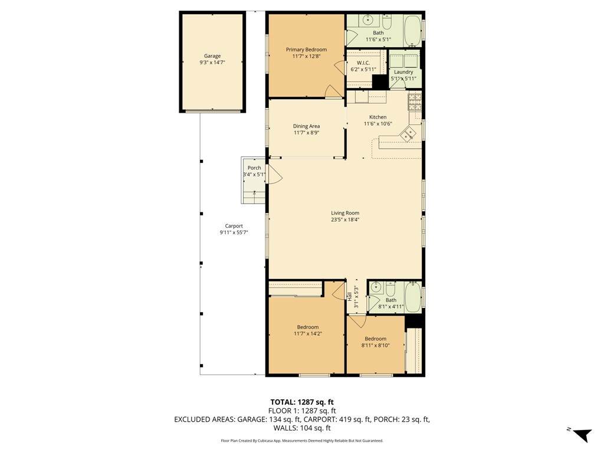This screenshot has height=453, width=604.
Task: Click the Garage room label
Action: tap(212, 56)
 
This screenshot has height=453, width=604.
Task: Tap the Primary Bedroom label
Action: tap(306, 50)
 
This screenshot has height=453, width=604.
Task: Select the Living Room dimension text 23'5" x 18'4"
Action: tap(345, 219)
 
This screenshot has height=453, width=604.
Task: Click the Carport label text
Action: tap(234, 226)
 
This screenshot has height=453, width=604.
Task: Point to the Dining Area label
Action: tap(306, 126)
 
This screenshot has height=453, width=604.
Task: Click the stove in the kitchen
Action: tap(415, 101)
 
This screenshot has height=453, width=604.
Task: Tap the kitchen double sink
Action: tap(408, 134)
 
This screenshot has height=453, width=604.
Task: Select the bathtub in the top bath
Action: tap(412, 31)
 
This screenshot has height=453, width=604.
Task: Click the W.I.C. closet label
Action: tap(363, 63)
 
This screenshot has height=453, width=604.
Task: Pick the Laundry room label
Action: tap(403, 72)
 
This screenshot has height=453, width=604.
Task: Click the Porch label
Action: tap(254, 168)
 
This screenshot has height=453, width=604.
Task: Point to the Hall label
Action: tap(350, 296)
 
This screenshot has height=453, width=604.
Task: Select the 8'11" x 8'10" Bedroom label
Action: tap(376, 339)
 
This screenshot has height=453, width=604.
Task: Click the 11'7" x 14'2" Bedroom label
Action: tap(308, 327)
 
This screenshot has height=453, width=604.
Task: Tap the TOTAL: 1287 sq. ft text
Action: tap(302, 402)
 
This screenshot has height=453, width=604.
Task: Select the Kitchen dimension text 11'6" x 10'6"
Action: tap(378, 124)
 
